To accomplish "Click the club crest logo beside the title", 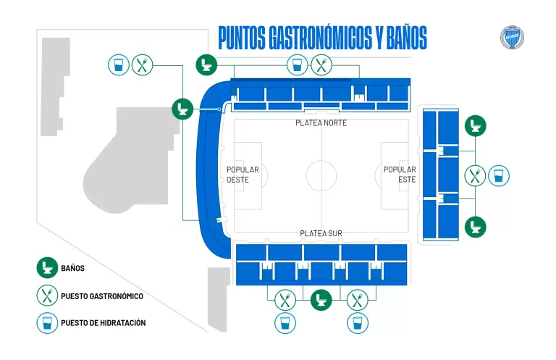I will [512, 38].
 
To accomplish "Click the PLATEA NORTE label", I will [321, 123].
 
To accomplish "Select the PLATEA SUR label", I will [321, 233].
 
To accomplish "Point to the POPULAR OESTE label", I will [243, 175].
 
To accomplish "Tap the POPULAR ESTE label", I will [400, 175].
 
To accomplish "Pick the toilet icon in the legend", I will [48, 268].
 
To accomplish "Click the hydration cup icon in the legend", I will [48, 322].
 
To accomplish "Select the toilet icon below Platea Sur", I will [321, 299].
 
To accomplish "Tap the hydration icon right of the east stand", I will [499, 175].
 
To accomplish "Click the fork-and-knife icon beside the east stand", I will [475, 175].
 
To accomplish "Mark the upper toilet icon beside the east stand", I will [475, 126].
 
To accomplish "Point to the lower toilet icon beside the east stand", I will [475, 226].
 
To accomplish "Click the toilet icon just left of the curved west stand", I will [182, 109].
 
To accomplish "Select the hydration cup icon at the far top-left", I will [118, 65].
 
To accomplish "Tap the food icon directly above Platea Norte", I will [321, 65].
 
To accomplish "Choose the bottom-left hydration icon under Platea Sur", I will [285, 323].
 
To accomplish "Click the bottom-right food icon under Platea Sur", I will [356, 299].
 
